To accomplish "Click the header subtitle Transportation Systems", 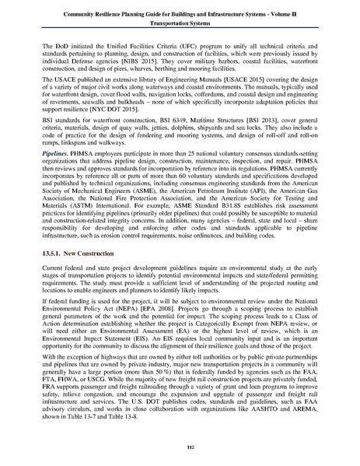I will point(180,23).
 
